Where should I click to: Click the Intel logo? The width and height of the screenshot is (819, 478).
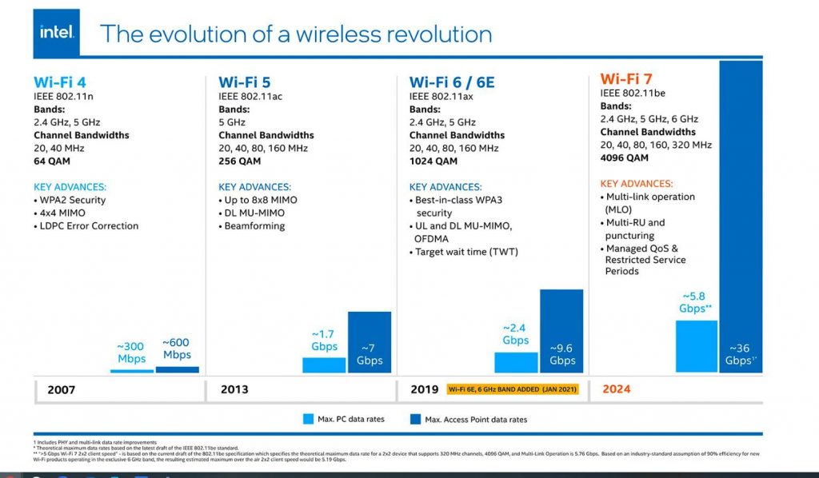click(57, 32)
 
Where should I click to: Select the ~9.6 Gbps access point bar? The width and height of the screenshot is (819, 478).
click(562, 331)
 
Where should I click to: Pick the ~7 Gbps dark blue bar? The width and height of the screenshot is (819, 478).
click(370, 342)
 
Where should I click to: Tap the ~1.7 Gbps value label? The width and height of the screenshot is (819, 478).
click(324, 341)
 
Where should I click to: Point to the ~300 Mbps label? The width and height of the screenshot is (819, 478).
click(131, 353)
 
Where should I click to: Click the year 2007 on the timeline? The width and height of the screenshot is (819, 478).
click(62, 389)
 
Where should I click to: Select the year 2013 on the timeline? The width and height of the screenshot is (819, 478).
click(234, 389)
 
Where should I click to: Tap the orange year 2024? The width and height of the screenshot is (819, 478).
click(616, 389)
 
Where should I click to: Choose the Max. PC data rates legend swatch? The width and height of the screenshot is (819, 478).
click(309, 419)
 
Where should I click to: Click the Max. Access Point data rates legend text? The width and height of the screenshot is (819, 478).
click(476, 419)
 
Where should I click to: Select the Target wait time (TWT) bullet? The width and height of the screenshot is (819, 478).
click(466, 252)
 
